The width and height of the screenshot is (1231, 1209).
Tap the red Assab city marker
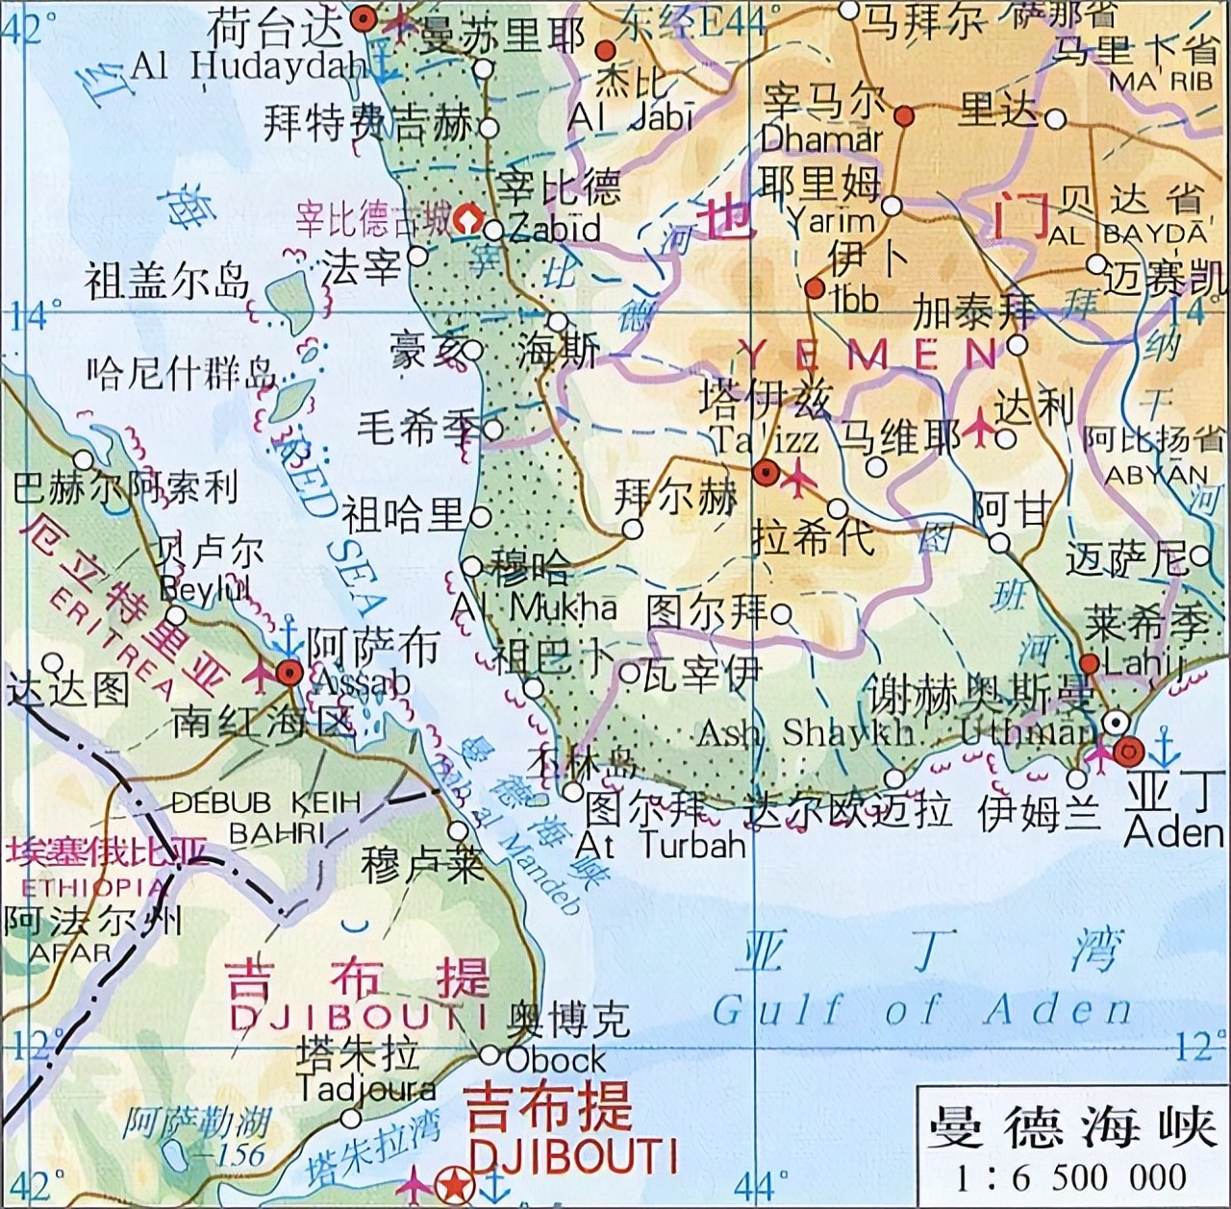point(289,673)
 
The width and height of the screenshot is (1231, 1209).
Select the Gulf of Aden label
point(921,1010)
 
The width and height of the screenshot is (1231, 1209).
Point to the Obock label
point(557,1060)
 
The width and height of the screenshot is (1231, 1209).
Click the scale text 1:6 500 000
point(1071,1177)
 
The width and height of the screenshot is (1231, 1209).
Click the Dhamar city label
point(820,138)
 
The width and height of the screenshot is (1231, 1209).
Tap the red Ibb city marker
point(815,288)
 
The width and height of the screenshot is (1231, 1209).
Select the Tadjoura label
point(365,1089)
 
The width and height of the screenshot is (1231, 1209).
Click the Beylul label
point(205,588)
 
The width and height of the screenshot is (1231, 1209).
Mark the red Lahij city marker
point(1089,664)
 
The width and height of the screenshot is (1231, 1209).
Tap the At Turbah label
point(661,845)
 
